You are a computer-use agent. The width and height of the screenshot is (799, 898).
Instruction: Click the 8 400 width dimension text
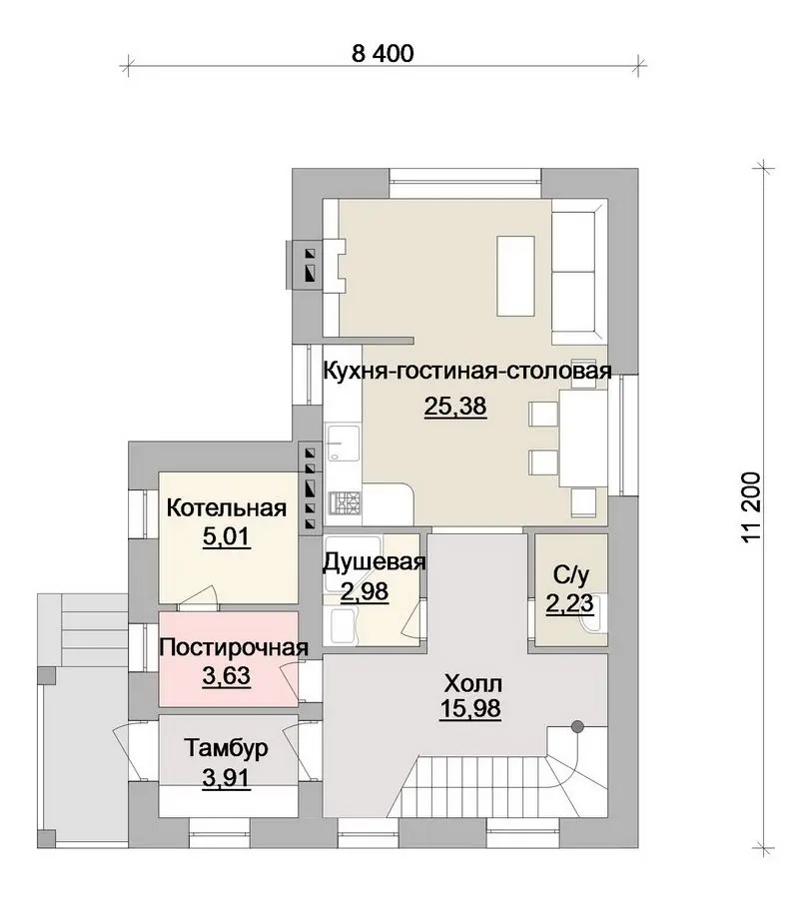tap(383, 53)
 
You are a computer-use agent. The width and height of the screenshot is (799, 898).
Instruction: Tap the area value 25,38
tap(455, 406)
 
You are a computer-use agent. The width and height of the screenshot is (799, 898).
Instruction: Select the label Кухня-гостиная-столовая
tap(467, 372)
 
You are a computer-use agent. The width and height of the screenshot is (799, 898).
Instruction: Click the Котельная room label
tap(227, 508)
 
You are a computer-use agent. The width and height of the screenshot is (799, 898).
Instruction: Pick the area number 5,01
tap(227, 536)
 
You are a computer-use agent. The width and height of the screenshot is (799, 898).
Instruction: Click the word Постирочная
tap(234, 647)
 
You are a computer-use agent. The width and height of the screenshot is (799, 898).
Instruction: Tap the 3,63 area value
tap(227, 676)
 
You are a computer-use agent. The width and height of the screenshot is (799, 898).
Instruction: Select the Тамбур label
tap(227, 748)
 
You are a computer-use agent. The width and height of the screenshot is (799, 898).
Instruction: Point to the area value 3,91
tap(227, 778)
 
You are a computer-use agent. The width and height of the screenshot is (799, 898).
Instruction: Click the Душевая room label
tap(374, 563)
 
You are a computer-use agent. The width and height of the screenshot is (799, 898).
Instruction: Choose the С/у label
tap(571, 575)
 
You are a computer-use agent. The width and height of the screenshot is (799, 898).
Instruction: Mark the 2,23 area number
tap(569, 604)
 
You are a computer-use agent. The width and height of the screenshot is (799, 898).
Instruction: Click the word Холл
tap(473, 683)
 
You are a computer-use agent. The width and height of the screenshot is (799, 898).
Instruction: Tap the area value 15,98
tap(470, 709)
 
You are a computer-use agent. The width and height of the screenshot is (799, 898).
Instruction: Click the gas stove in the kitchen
tap(345, 502)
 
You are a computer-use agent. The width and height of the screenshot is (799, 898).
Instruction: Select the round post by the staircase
tap(578, 727)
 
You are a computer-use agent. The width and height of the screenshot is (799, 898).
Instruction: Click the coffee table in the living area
tap(515, 276)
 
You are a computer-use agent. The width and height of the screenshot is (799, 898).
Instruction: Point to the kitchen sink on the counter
tap(343, 444)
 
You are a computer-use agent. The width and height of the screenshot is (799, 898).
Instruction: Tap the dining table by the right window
tap(583, 439)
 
